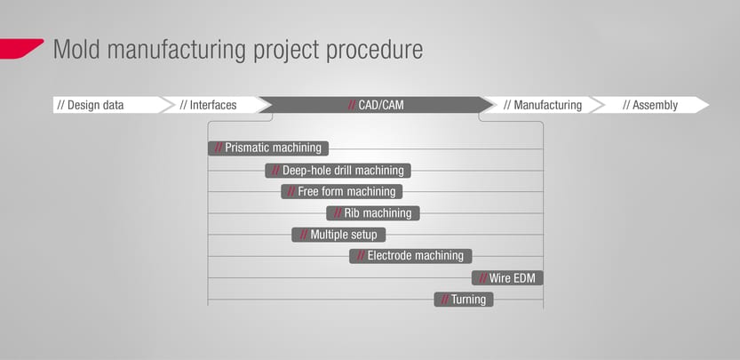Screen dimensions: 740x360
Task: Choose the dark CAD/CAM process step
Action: pos(375,105)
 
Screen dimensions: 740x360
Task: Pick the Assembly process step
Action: pos(650,105)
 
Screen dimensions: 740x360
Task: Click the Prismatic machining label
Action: pos(268,148)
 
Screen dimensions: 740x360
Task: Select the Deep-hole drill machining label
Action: pos(338,170)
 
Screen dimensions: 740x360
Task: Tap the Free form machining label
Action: pos(342,191)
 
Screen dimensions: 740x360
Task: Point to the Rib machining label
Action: pos(373,213)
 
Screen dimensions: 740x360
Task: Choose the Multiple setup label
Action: pos(338,235)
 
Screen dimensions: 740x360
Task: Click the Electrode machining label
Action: pos(410,256)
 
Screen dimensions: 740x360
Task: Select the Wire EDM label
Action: pos(507,278)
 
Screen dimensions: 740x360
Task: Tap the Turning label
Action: pos(464,299)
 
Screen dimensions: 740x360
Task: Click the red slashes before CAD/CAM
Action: pos(352,105)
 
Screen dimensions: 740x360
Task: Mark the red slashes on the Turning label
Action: pos(445,299)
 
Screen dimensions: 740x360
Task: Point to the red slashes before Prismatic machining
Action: pos(219,148)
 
